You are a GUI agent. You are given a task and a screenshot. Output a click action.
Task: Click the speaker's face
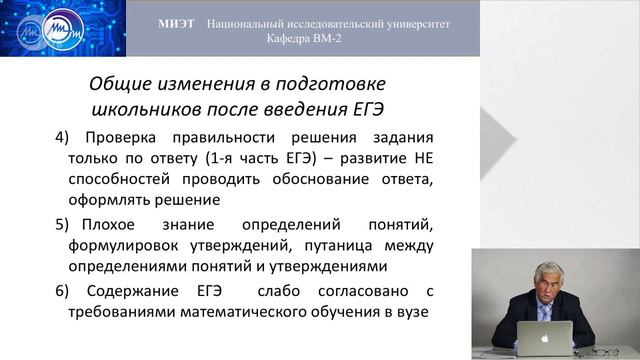coord(548,283)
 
